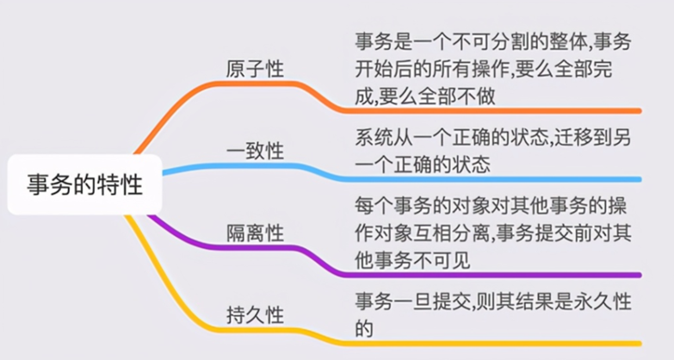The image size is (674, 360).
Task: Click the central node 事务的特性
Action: click(x=83, y=184)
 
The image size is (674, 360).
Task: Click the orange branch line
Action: click(x=482, y=111)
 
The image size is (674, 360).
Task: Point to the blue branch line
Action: click(x=482, y=179)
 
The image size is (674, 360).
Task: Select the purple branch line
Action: click(x=482, y=275)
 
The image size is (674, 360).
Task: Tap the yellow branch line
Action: click(x=482, y=343)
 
